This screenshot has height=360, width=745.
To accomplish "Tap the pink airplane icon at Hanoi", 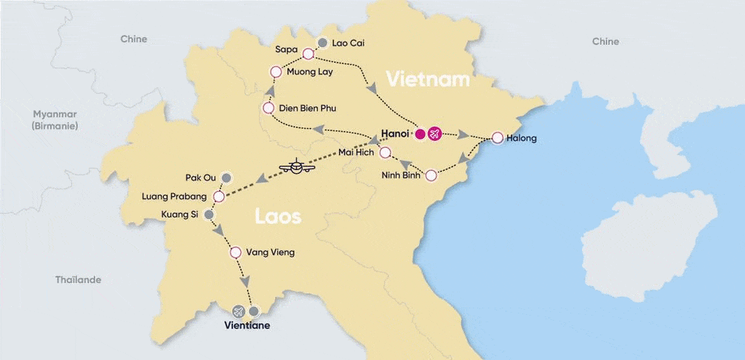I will [435, 134].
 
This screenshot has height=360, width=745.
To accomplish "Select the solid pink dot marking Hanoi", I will [420, 134].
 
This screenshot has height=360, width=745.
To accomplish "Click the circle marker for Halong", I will [497, 137].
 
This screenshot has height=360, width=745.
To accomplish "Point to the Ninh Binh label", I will [401, 175].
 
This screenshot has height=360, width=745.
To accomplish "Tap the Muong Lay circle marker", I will [276, 71].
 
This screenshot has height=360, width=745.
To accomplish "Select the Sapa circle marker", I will [308, 54].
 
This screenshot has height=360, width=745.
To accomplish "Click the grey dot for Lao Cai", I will [322, 43].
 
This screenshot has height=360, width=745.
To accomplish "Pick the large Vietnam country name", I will [428, 79].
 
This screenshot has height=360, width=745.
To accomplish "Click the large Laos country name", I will [277, 216].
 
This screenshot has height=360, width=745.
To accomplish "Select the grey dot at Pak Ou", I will [226, 177].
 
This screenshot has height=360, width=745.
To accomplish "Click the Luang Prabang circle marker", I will [218, 196].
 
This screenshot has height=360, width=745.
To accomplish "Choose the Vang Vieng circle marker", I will [235, 253].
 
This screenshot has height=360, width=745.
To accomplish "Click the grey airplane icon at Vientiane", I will [238, 311].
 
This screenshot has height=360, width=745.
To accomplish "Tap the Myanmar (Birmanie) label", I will [55, 120].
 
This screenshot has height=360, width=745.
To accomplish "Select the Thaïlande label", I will [79, 280].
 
